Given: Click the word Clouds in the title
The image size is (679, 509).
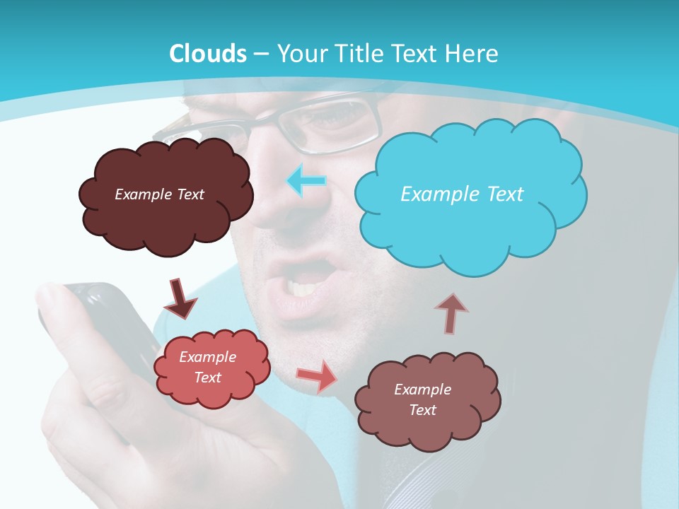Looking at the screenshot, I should (x=208, y=54).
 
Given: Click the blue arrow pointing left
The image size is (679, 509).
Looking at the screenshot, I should (x=306, y=180).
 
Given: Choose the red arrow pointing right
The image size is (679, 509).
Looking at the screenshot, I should (x=318, y=376).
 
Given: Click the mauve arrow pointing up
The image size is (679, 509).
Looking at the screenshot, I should (x=451, y=312).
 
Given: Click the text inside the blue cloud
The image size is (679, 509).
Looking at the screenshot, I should (x=462, y=194).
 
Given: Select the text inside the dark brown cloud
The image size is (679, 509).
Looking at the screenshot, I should (x=159, y=194).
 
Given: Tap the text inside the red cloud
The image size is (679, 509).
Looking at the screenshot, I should (x=207, y=367).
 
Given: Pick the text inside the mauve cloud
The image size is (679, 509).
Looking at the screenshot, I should (x=422, y=399).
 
